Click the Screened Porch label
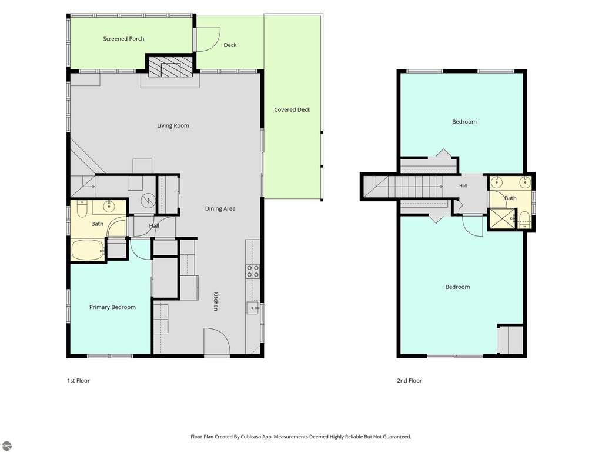tap(123, 39)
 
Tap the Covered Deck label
tap(292, 110)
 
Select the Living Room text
tap(173, 126)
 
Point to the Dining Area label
tap(220, 209)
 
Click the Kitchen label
tap(216, 301)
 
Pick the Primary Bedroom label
tap(112, 307)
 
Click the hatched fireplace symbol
tap(170, 67)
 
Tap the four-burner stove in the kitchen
tap(253, 271)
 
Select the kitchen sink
tap(252, 308)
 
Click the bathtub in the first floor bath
tap(88, 250)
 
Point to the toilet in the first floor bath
tap(82, 208)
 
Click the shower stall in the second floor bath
tap(502, 219)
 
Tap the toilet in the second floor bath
tap(524, 220)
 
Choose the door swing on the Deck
tap(208, 40)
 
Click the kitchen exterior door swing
tap(216, 341)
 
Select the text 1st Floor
tap(78, 381)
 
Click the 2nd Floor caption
tap(409, 381)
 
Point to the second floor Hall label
tap(463, 186)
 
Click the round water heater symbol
tap(148, 200)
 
